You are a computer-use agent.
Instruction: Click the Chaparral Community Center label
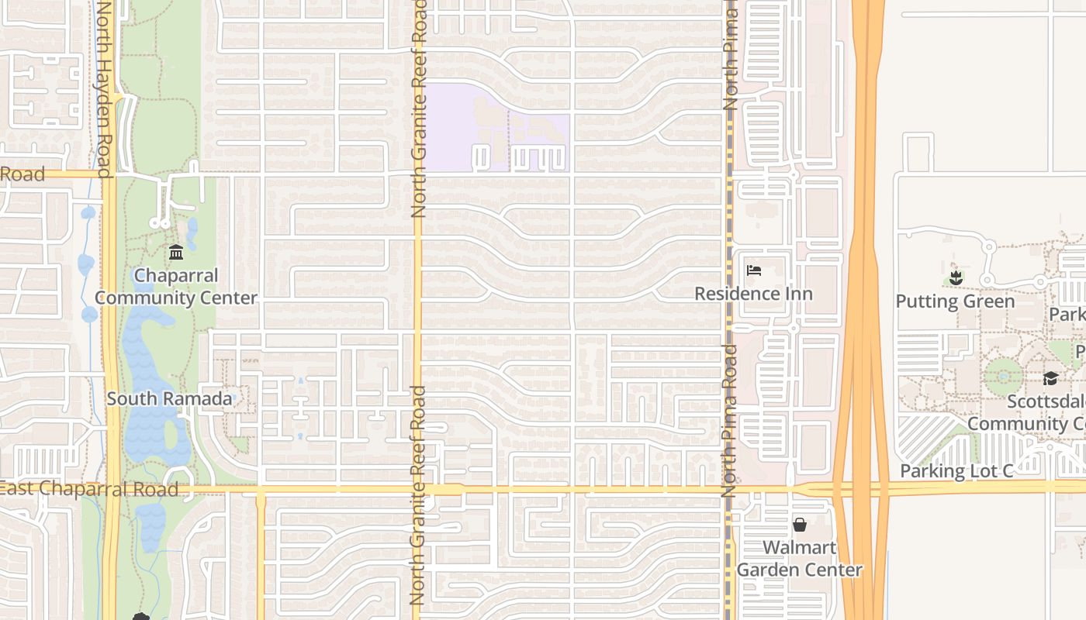[x=176, y=287]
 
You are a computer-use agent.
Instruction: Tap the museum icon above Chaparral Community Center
[x=176, y=253]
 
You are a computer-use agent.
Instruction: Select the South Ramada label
[x=169, y=399]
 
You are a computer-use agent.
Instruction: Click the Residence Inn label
[x=753, y=294]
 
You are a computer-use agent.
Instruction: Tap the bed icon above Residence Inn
[x=753, y=270]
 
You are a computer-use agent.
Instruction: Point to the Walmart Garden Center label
[x=799, y=559]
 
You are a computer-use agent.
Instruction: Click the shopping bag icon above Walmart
[x=800, y=525]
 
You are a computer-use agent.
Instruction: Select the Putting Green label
[x=955, y=301]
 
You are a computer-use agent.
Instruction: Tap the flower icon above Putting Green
[x=956, y=277]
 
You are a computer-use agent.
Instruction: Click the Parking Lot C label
[x=956, y=471]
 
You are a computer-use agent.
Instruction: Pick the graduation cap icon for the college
[x=1050, y=378]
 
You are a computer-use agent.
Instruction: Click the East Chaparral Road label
[x=89, y=489]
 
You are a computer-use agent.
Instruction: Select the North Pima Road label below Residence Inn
[x=728, y=420]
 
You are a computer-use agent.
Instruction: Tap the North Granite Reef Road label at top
[x=419, y=108]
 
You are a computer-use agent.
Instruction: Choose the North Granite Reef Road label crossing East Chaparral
[x=417, y=496]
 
